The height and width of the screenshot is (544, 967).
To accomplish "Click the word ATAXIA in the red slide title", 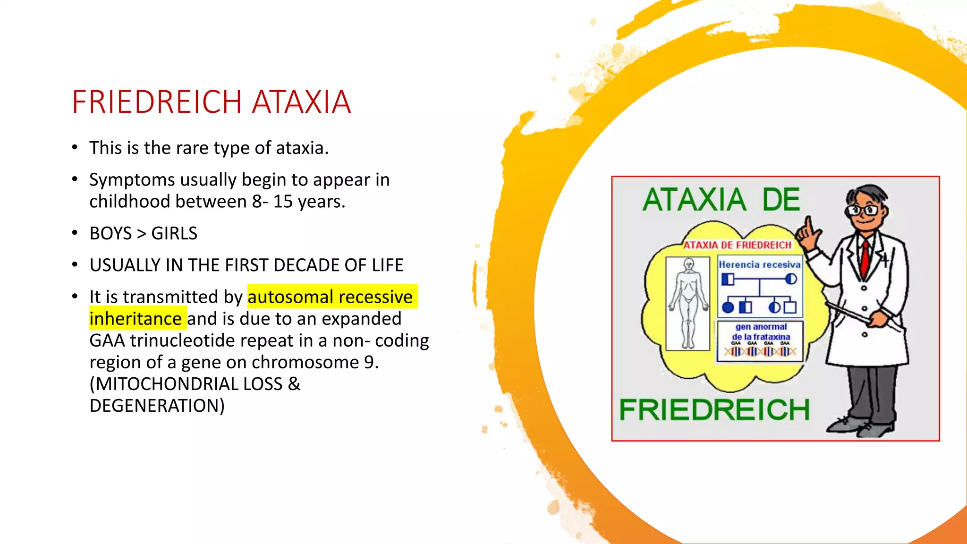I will pyautogui.click(x=301, y=102).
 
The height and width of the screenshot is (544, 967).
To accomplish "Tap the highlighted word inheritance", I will pyautogui.click(x=136, y=319).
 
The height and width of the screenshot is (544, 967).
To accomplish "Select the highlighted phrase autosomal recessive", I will pyautogui.click(x=330, y=297).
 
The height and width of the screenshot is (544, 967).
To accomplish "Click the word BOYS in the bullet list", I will pyautogui.click(x=110, y=233).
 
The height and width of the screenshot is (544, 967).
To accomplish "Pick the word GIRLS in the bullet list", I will pyautogui.click(x=174, y=233).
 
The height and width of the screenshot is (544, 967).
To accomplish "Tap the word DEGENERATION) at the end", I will pyautogui.click(x=157, y=406).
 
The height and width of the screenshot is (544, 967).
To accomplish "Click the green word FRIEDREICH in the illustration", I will pyautogui.click(x=714, y=409).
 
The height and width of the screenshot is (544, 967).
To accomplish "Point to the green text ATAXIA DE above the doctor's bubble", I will pyautogui.click(x=721, y=200).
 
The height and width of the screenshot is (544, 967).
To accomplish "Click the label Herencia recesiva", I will pyautogui.click(x=759, y=265).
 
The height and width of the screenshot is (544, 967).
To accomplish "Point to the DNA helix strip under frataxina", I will pyautogui.click(x=760, y=352).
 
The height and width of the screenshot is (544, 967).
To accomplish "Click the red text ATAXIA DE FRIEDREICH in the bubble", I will pyautogui.click(x=738, y=245).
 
